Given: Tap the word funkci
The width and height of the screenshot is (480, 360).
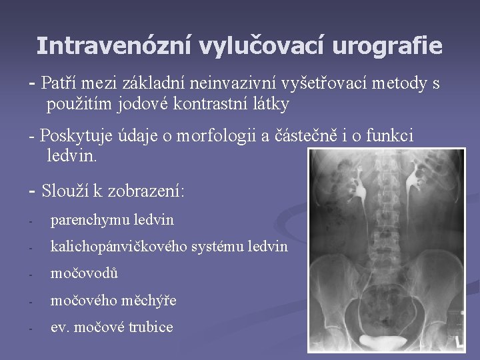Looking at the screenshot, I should [390, 136].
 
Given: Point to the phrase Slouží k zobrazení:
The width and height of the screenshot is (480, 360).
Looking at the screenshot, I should [113, 191].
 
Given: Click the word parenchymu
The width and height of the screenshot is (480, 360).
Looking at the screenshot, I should [91, 219].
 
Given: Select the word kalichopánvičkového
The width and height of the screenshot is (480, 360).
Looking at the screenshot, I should [119, 246].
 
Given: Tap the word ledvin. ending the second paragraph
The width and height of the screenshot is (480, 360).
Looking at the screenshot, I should [72, 157].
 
